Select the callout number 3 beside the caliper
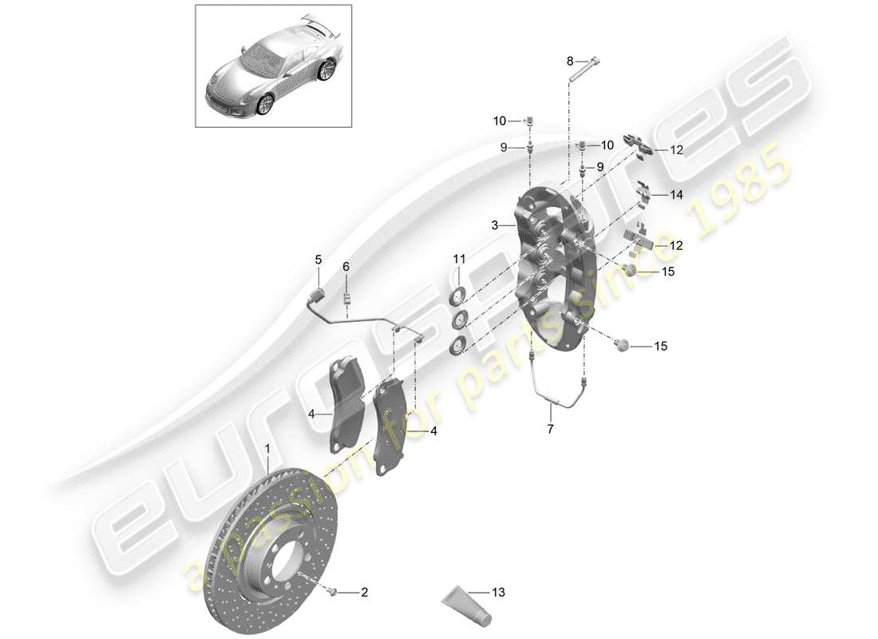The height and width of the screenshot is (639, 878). pos(495,226)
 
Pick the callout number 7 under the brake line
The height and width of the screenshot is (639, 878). pos(550,429)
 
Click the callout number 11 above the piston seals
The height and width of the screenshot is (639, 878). pos(459,259)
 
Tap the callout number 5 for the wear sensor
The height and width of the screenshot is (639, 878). pos(318,260)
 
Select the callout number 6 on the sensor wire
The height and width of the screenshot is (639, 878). pos(346,266)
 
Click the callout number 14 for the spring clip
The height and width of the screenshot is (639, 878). pos(677,194)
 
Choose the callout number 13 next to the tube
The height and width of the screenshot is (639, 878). pos(499,593)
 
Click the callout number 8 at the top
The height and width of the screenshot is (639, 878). pos(570,61)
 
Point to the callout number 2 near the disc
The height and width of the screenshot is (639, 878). pos(364,592)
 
